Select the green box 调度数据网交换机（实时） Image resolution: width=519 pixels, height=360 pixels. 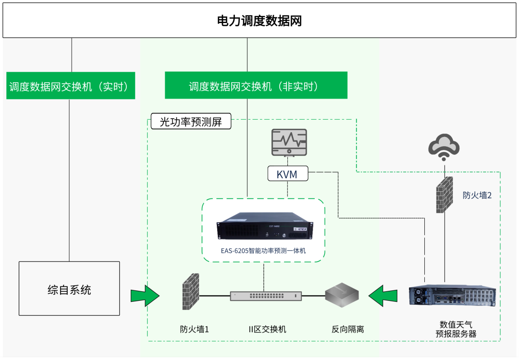click(x=70, y=86)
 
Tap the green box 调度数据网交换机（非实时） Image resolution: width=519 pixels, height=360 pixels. click(x=256, y=86)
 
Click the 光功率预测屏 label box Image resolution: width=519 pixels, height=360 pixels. click(x=191, y=122)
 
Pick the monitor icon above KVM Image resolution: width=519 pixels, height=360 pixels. click(x=289, y=142)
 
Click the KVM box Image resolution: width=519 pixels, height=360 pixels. click(x=287, y=174)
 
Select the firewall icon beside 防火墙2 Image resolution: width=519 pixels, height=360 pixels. click(x=445, y=195)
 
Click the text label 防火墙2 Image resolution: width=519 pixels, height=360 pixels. click(x=477, y=196)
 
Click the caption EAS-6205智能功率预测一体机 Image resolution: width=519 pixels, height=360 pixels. click(x=264, y=251)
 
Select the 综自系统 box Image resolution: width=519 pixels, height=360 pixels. click(x=69, y=288)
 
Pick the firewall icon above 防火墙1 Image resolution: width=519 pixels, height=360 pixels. click(x=191, y=291)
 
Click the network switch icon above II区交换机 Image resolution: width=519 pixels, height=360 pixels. click(x=266, y=296)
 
